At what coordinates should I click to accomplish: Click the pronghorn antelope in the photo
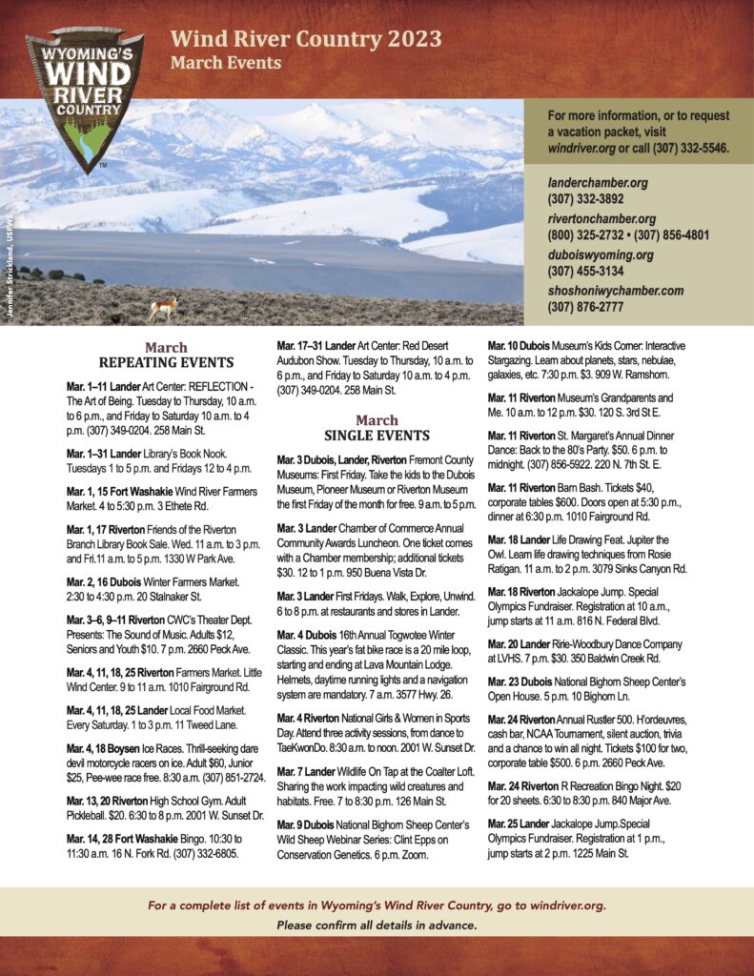click(x=163, y=308)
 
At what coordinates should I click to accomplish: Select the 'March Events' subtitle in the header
click(x=226, y=63)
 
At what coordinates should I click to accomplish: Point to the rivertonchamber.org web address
click(x=601, y=219)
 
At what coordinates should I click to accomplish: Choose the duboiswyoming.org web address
click(x=600, y=254)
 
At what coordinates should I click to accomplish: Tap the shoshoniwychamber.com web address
click(x=615, y=291)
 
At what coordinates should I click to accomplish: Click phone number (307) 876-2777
click(x=585, y=307)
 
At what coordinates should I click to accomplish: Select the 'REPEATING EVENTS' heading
click(x=166, y=362)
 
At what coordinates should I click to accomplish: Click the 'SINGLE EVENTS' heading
click(x=377, y=436)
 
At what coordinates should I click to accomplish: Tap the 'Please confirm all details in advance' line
click(x=377, y=925)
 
